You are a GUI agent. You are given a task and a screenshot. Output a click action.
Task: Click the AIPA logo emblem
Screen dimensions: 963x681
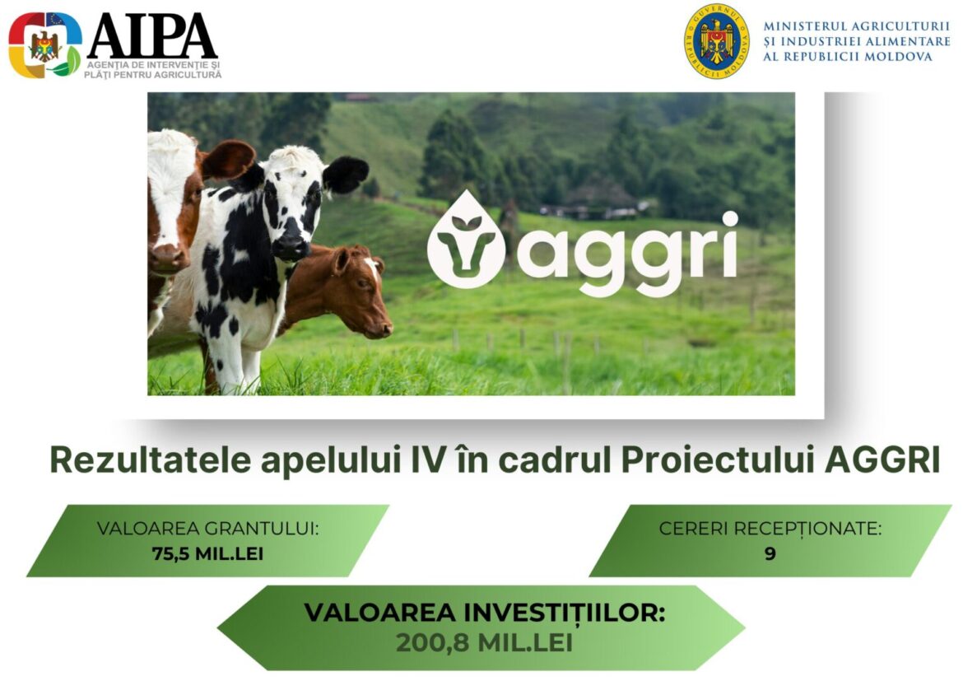pyautogui.click(x=44, y=45)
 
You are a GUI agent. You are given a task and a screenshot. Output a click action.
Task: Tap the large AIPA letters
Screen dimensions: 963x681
pyautogui.click(x=152, y=36)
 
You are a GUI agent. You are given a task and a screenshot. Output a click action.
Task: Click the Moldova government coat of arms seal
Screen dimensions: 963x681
pyautogui.click(x=717, y=41)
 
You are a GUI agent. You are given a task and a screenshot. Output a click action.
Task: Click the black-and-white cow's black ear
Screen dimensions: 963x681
pyautogui.click(x=345, y=174)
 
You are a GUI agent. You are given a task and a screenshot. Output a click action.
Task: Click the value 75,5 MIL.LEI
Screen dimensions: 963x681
pyautogui.click(x=207, y=553)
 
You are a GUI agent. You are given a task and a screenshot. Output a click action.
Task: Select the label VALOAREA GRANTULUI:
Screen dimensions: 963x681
pyautogui.click(x=207, y=529)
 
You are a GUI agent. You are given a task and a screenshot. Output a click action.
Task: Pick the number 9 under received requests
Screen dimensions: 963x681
pyautogui.click(x=770, y=553)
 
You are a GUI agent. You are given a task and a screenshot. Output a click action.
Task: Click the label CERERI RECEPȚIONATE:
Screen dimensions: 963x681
pyautogui.click(x=770, y=529)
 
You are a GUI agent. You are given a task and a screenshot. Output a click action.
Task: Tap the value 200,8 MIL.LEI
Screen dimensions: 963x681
pyautogui.click(x=484, y=643)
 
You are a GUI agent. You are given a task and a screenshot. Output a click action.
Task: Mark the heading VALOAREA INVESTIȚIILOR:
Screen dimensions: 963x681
pyautogui.click(x=485, y=613)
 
